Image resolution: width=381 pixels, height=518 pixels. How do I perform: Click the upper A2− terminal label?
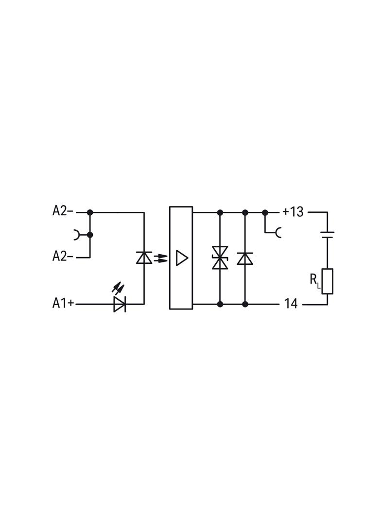tap(63, 211)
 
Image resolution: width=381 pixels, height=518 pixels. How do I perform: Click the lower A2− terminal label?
tap(63, 256)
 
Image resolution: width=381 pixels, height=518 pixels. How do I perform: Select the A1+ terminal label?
tap(63, 303)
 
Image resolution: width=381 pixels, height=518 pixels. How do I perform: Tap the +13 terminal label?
tap(293, 212)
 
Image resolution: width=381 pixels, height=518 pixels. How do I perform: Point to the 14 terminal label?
tap(291, 304)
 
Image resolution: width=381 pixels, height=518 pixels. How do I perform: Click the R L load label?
tap(315, 280)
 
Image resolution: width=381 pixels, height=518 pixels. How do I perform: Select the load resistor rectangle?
tap(327, 281)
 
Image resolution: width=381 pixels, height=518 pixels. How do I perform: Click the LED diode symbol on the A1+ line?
tap(119, 304)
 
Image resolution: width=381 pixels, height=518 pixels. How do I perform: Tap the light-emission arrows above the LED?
tap(117, 288)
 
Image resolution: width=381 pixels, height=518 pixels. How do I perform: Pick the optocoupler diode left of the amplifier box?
tap(144, 258)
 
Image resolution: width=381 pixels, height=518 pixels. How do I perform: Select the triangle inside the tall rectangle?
tap(181, 258)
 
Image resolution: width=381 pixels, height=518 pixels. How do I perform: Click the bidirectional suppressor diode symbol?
tap(220, 258)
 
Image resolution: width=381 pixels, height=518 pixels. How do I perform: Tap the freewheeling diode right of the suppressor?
tap(245, 259)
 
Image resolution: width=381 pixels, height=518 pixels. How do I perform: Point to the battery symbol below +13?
tap(327, 235)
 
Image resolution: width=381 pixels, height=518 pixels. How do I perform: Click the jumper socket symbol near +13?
tap(278, 233)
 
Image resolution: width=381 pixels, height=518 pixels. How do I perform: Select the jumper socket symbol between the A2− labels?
tap(77, 235)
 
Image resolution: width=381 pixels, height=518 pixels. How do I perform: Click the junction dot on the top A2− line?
tap(89, 212)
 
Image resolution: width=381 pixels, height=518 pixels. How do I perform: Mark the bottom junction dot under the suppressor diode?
tap(220, 304)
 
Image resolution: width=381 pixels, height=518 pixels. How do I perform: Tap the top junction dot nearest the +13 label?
tap(265, 212)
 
